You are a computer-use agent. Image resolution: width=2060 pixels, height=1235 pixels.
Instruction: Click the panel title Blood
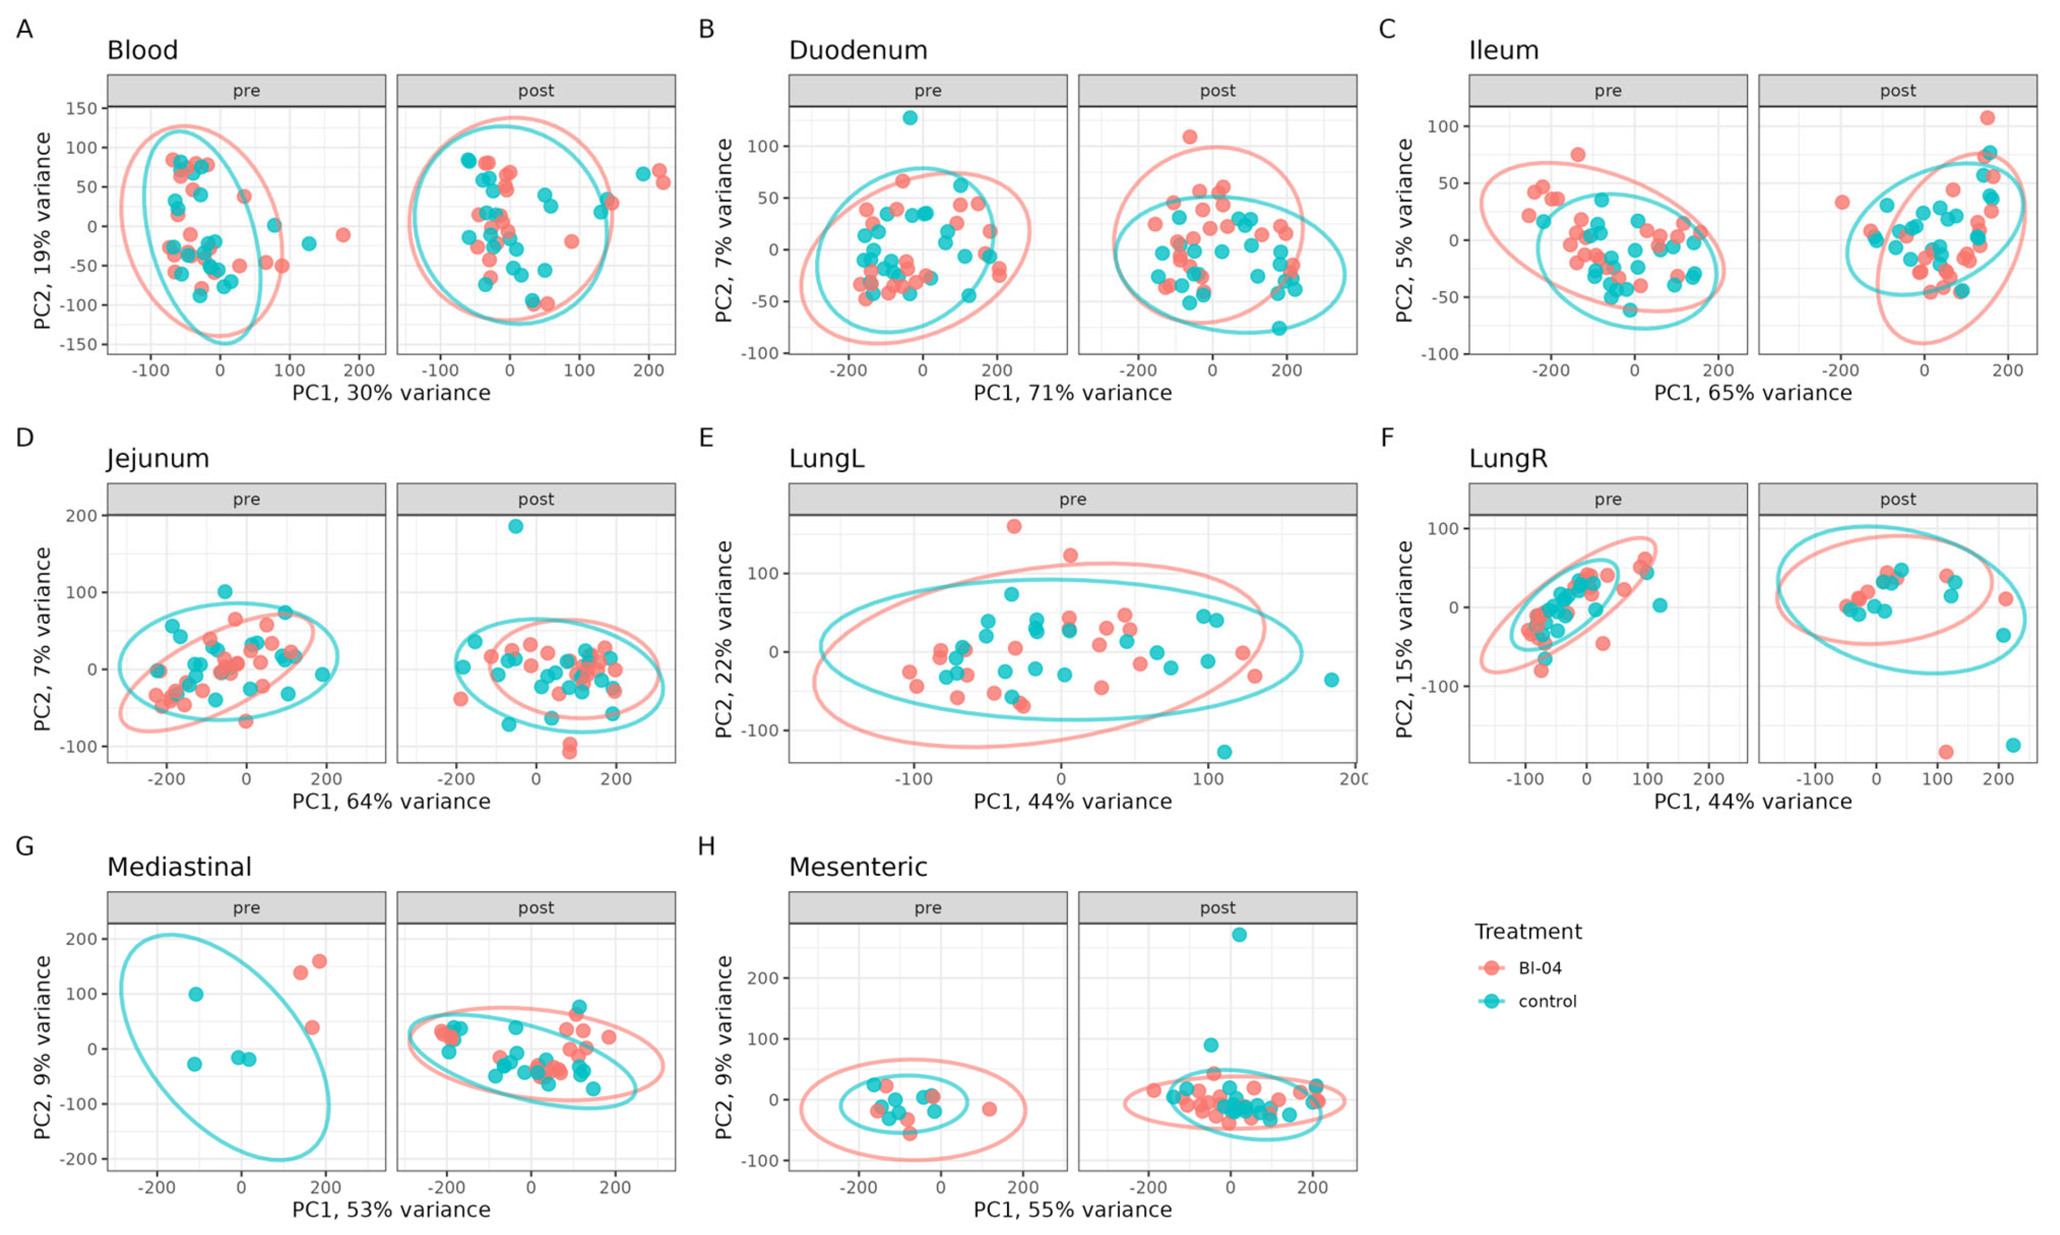(x=142, y=51)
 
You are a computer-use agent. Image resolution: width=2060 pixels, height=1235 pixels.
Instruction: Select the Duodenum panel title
(x=858, y=51)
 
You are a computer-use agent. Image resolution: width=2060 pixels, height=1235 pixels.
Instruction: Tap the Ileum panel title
(x=1503, y=51)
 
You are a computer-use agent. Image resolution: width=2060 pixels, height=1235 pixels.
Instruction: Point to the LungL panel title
(x=826, y=458)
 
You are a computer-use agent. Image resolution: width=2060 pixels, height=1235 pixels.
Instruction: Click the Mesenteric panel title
(x=858, y=867)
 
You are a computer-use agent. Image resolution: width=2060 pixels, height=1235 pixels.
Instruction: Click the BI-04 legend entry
(x=1539, y=968)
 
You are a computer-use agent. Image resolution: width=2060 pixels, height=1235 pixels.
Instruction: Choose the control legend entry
(x=1546, y=1001)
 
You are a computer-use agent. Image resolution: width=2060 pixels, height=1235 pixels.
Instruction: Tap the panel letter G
(x=25, y=846)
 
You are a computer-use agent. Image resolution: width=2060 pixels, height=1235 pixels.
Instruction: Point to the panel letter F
(x=1387, y=438)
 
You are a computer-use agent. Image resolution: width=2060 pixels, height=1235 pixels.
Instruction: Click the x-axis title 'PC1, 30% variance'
(x=391, y=393)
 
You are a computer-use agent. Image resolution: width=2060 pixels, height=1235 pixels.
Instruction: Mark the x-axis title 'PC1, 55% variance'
(x=1072, y=1209)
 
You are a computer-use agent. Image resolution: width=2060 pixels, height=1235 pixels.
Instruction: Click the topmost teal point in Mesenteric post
(x=1239, y=935)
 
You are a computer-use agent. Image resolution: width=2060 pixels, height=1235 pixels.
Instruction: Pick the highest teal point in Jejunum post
(x=516, y=526)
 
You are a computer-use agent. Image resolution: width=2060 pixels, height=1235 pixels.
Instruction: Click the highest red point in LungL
(x=1014, y=526)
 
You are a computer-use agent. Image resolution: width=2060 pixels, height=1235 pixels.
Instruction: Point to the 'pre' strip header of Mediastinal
(x=246, y=907)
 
